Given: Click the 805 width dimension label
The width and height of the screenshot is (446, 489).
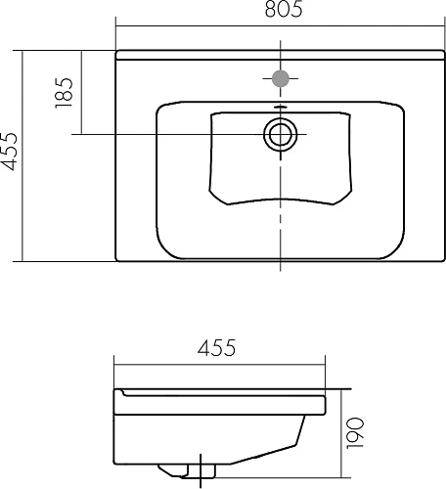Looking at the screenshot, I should [278, 11].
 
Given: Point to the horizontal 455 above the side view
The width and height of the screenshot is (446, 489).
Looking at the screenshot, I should [221, 348].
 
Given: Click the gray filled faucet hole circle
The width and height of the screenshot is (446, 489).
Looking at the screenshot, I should [281, 78].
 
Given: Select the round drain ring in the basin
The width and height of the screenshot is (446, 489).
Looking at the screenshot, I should [281, 134].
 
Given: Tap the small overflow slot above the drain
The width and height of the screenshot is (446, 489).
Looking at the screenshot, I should [281, 109].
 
